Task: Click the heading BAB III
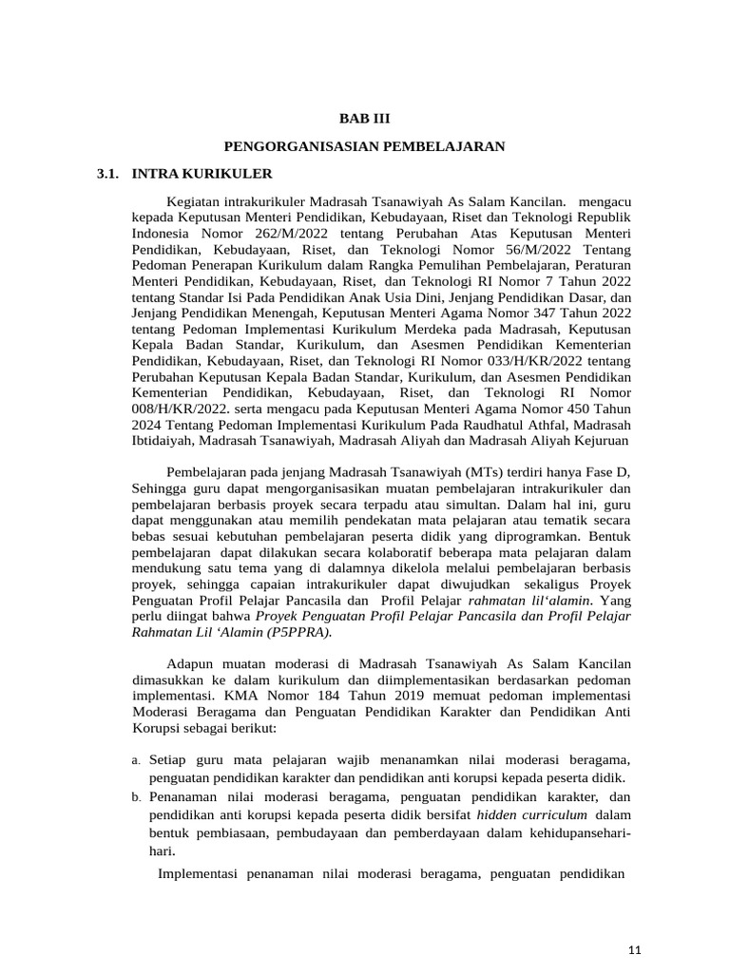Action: click(365, 119)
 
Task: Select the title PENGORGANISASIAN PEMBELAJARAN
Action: click(365, 146)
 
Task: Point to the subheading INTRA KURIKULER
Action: click(202, 174)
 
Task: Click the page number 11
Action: click(637, 949)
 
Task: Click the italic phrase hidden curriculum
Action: click(532, 814)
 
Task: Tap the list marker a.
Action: click(135, 761)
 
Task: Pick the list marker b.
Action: click(135, 796)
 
